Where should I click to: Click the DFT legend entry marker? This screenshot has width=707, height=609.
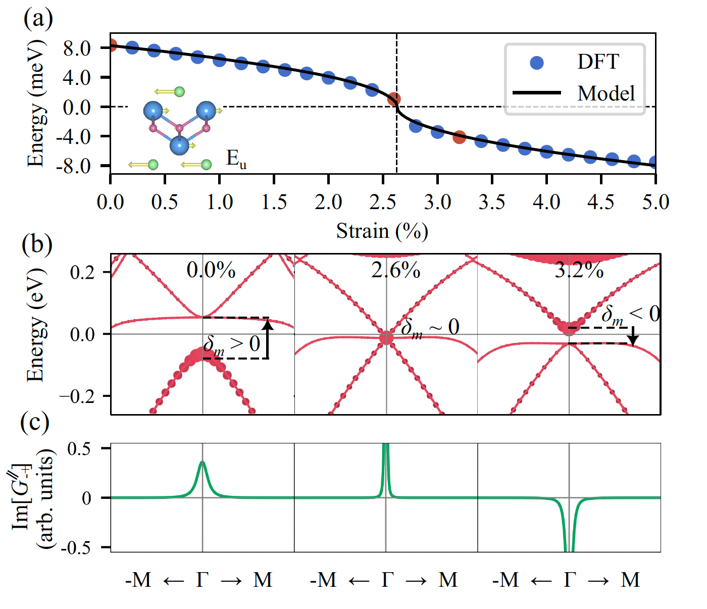coord(537,63)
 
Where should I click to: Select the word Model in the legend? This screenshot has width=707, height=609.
coord(606,93)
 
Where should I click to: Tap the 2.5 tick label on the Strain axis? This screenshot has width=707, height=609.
coord(383,202)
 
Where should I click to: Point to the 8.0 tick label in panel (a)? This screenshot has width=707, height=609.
coord(77,48)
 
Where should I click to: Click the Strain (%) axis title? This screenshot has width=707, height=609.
coord(382,231)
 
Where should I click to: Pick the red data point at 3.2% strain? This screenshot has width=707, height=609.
coord(459,137)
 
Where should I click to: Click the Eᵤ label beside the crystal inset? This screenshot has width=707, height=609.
coord(236,159)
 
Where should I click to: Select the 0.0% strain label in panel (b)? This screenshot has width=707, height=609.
coord(211,270)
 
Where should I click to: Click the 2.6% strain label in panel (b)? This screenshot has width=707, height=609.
coord(395,270)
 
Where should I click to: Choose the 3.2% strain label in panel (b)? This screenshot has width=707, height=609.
coord(579,271)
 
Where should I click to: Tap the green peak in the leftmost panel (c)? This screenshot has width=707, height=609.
coord(203,462)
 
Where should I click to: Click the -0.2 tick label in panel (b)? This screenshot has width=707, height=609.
coord(77,396)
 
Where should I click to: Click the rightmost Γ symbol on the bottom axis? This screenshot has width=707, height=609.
coord(570,580)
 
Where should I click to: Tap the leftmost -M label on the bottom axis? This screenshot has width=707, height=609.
coord(138,580)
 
